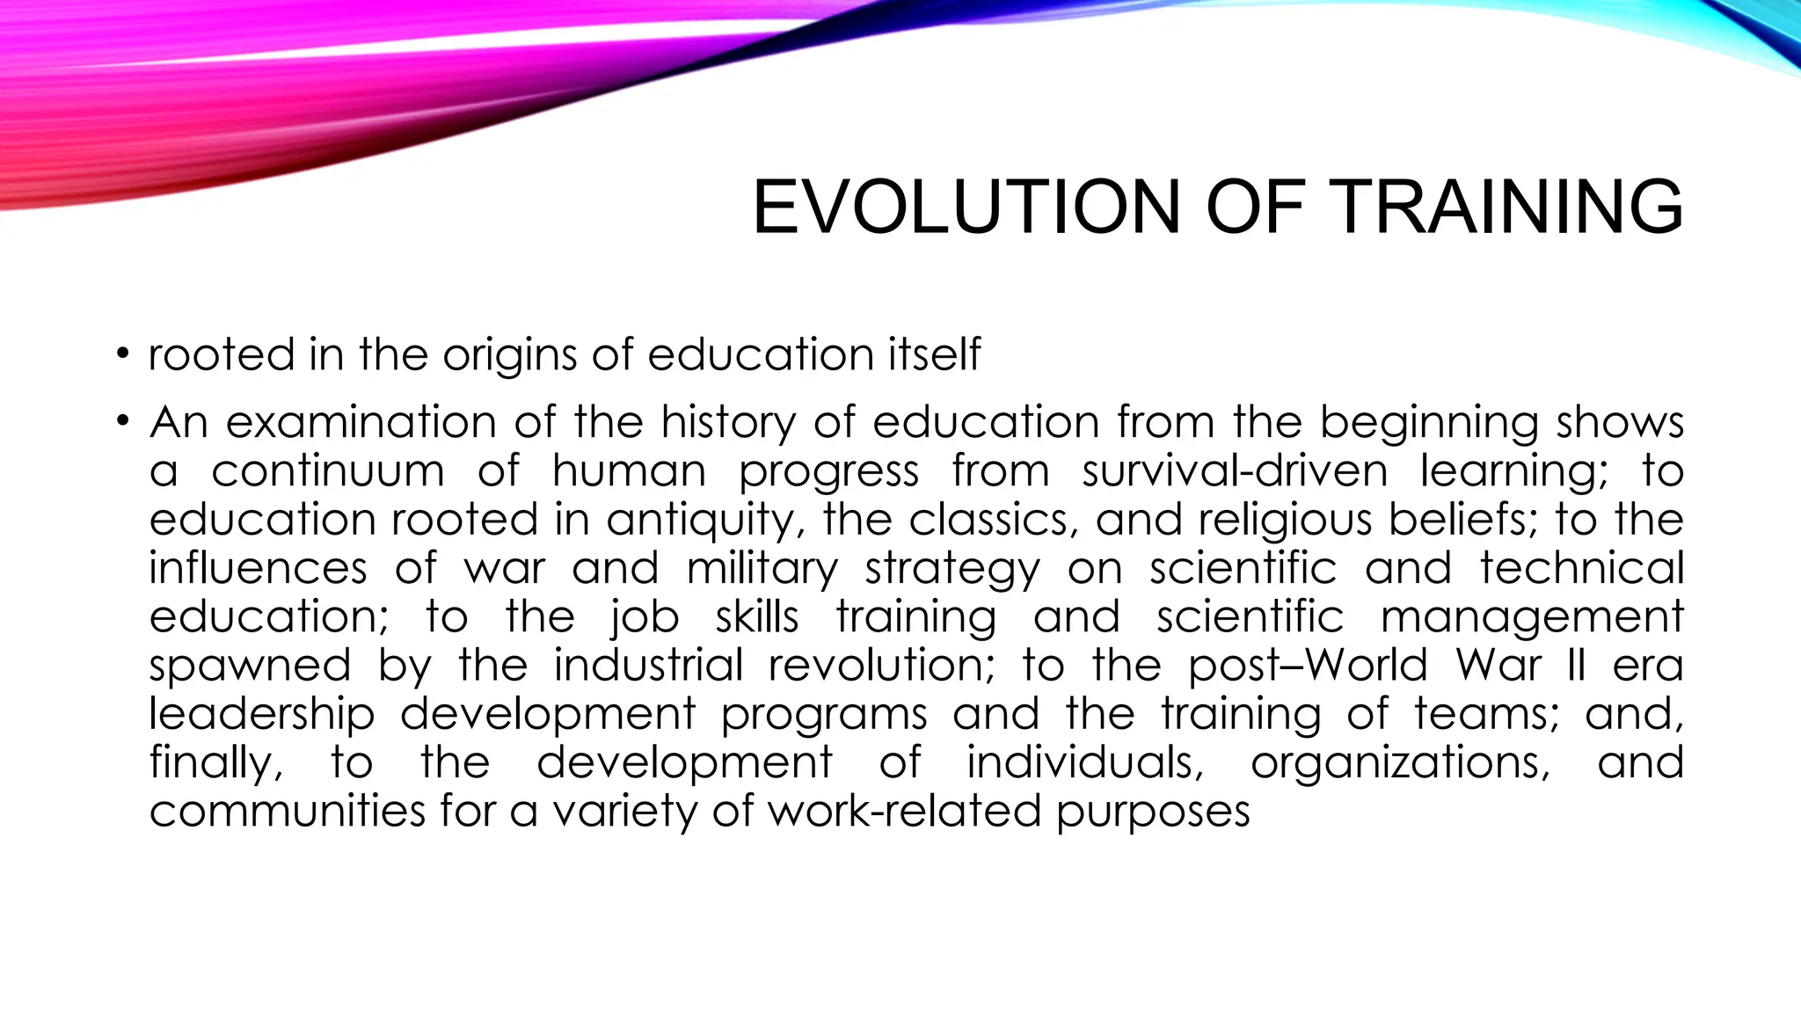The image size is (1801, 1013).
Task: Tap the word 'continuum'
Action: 328,471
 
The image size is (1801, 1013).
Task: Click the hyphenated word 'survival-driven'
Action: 1235,471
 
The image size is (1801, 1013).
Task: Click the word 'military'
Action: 762,569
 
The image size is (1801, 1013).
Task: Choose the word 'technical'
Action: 1581,569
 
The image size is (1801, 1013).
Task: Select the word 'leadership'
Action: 261,714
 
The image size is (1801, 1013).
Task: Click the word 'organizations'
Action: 1401,762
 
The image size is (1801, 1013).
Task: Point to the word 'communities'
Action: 287,811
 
